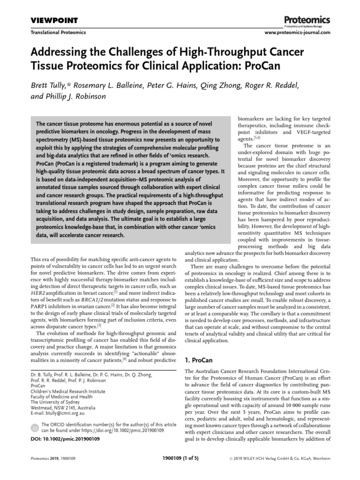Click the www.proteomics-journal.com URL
point(298,33)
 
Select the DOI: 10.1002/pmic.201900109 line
point(65,439)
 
